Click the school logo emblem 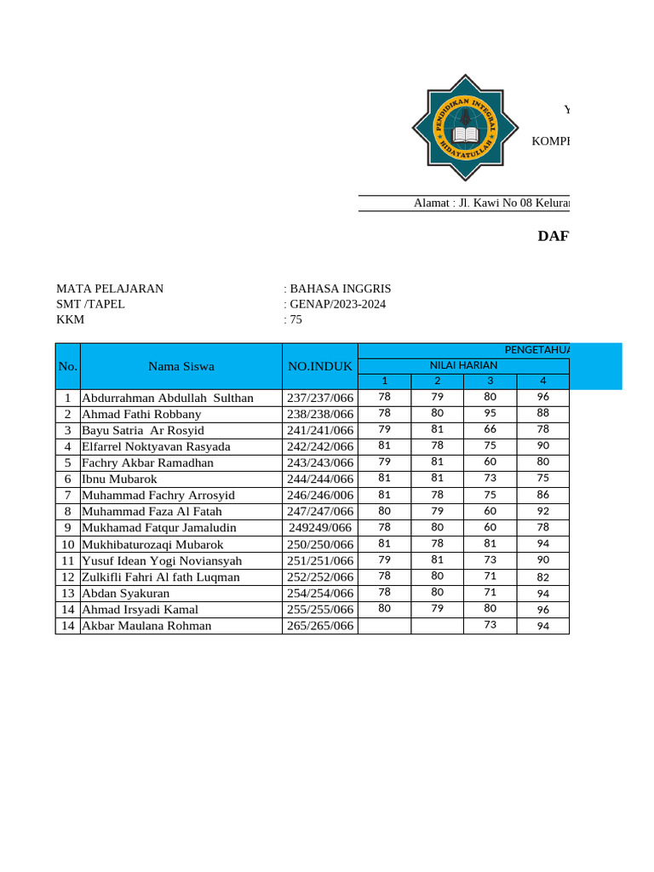(x=465, y=128)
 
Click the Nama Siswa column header (x=181, y=366)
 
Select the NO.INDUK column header (x=320, y=366)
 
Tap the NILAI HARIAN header (x=463, y=365)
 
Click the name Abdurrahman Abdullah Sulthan (x=168, y=398)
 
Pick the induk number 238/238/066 (x=320, y=414)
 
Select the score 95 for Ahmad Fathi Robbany (x=490, y=413)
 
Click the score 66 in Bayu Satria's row (x=490, y=429)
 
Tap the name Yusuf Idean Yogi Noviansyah (x=162, y=560)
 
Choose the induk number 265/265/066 (x=320, y=625)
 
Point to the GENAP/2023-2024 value (x=337, y=304)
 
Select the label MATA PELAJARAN (x=110, y=289)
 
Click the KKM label (x=71, y=320)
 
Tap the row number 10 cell (x=67, y=544)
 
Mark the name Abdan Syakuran (x=125, y=593)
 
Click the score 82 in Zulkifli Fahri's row (x=542, y=577)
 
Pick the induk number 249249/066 (x=320, y=528)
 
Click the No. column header (x=67, y=366)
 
